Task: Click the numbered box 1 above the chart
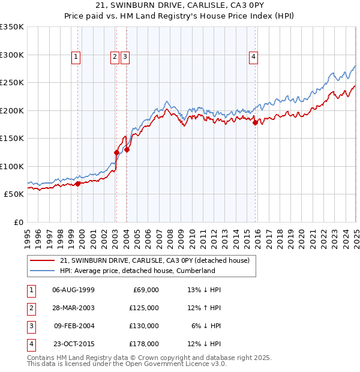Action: (x=76, y=57)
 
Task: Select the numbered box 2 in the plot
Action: (x=114, y=57)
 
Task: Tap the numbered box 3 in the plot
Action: (x=125, y=57)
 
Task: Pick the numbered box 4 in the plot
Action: (x=254, y=57)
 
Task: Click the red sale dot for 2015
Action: (x=255, y=123)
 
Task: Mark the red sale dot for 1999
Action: (x=78, y=184)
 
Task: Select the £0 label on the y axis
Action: (x=18, y=222)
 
